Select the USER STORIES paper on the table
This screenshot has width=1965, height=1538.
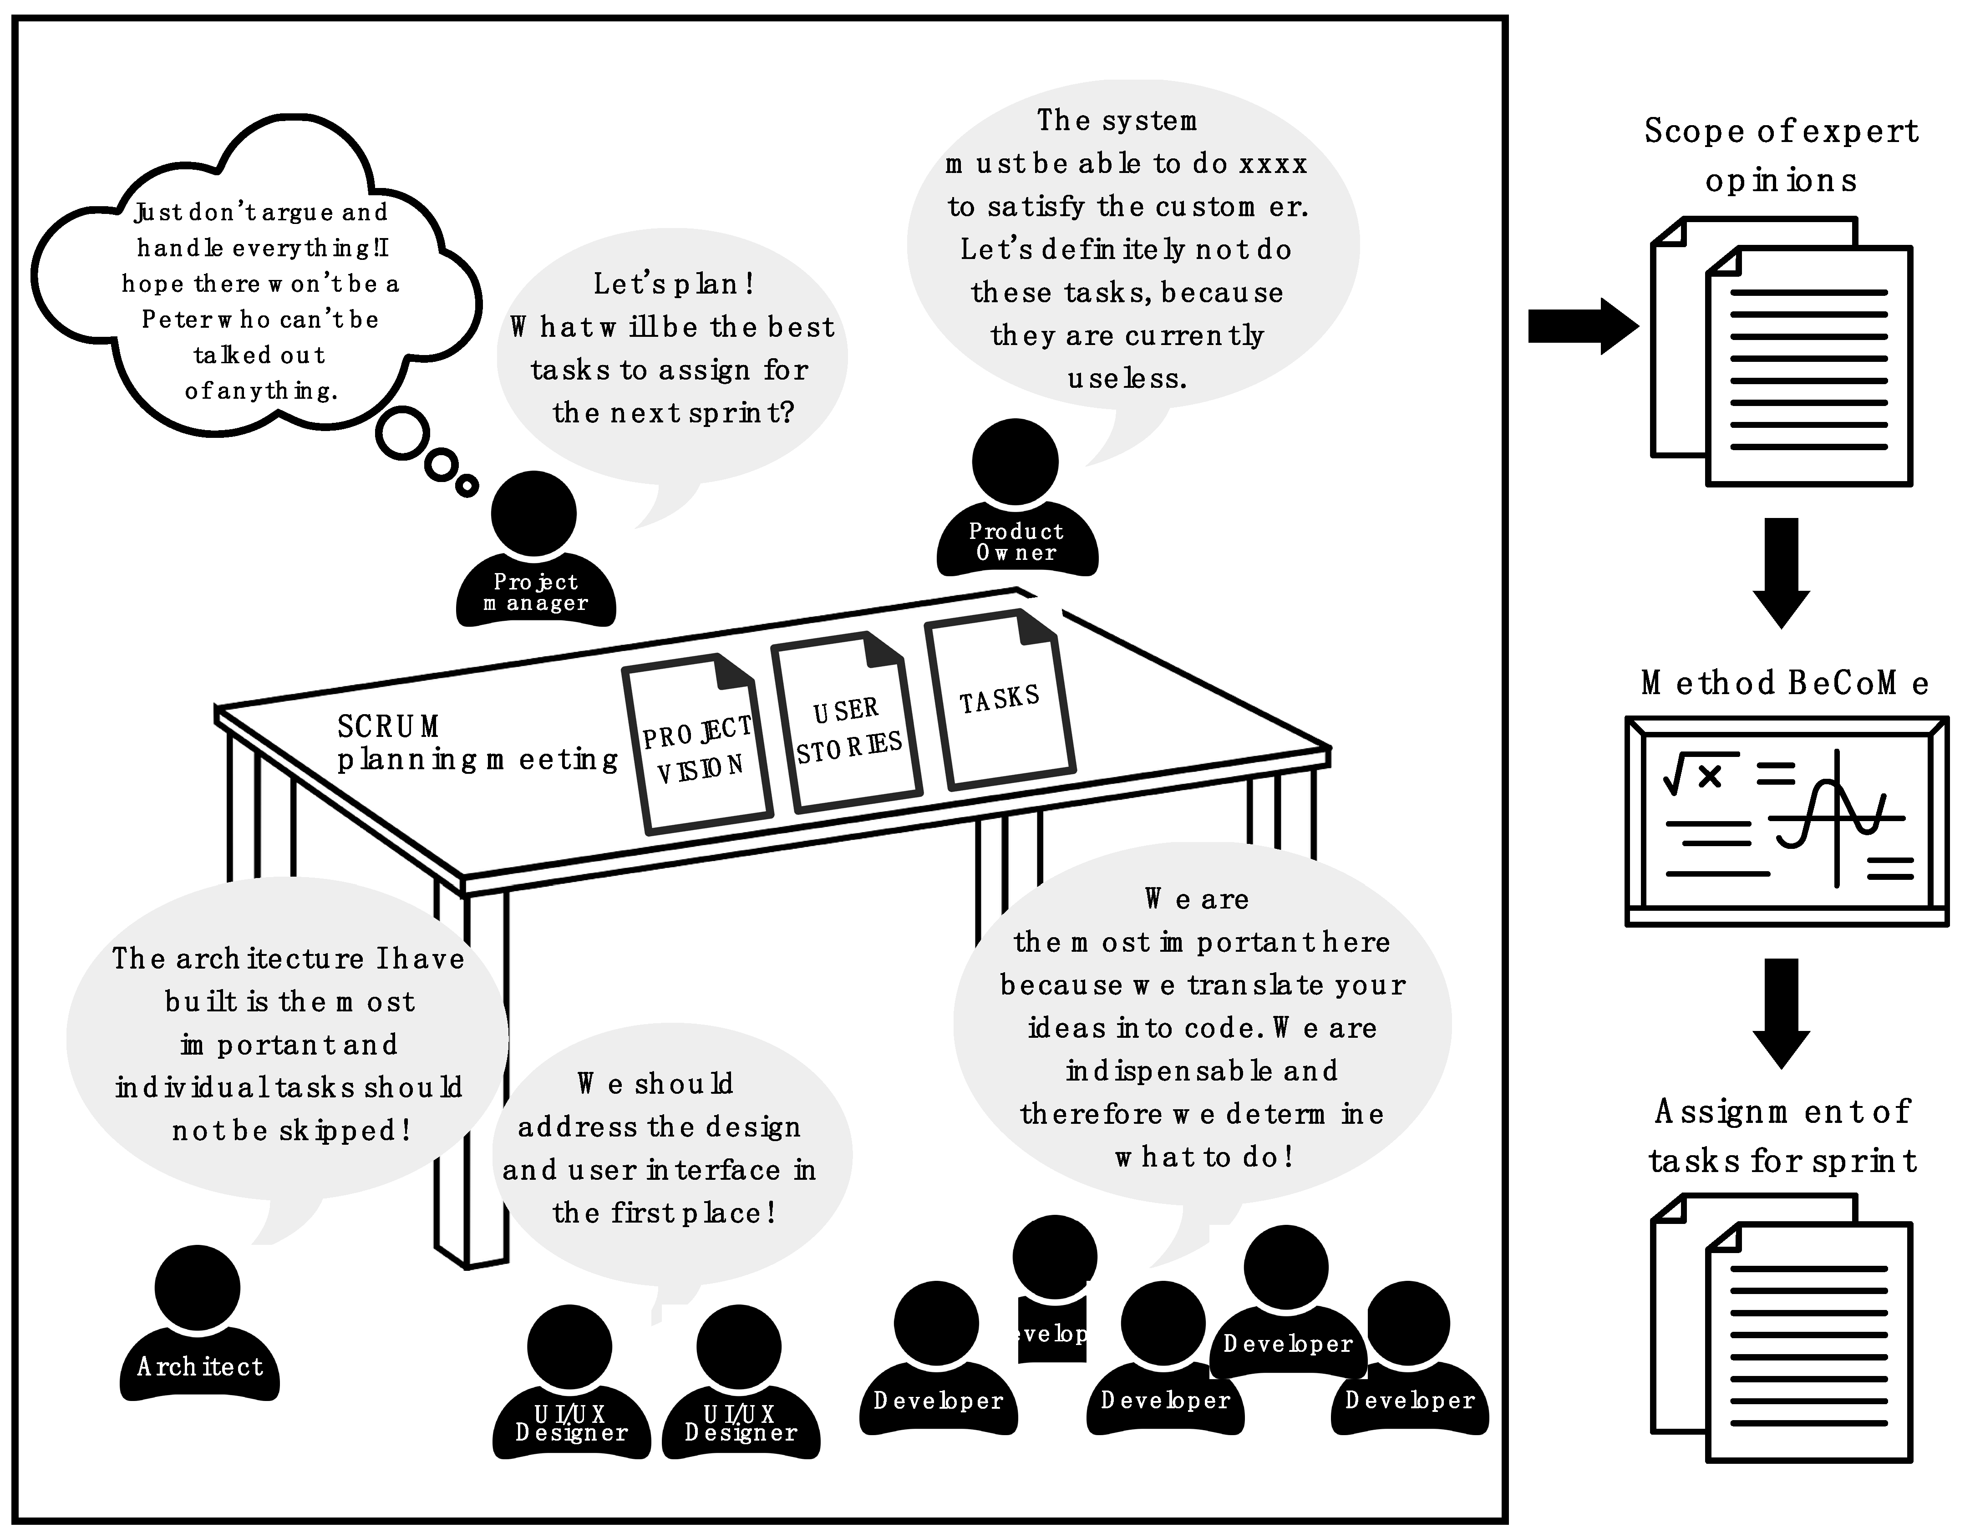point(847,725)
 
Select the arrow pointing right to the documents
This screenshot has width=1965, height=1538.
point(1582,326)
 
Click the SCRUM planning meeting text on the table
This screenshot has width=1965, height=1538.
point(477,743)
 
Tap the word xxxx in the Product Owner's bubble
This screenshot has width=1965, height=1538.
point(1273,164)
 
